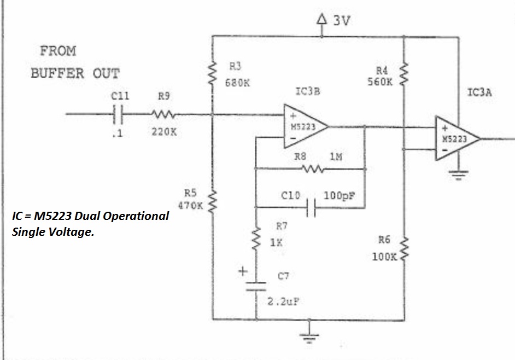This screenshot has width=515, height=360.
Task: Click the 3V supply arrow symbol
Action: click(321, 21)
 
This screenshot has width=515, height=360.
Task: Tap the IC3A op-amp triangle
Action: click(455, 138)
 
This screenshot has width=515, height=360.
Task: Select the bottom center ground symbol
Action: click(311, 335)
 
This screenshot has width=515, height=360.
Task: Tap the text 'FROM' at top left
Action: click(58, 51)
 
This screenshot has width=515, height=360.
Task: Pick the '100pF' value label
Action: click(340, 195)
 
